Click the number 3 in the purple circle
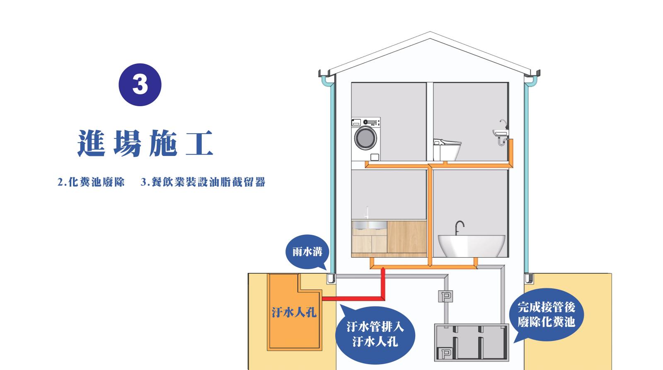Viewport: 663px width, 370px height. pyautogui.click(x=140, y=85)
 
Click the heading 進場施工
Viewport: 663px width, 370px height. pyautogui.click(x=145, y=144)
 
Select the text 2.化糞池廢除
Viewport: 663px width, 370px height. pyautogui.click(x=91, y=182)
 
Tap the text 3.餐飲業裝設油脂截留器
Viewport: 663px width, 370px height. pyautogui.click(x=203, y=182)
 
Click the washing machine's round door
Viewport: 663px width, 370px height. pyautogui.click(x=365, y=138)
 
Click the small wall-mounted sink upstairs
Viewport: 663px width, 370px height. pyautogui.click(x=501, y=132)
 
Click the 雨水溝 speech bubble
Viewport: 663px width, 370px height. pyautogui.click(x=307, y=252)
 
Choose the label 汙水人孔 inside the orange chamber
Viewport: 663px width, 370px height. pyautogui.click(x=294, y=312)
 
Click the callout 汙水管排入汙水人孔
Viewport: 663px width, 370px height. pyautogui.click(x=375, y=335)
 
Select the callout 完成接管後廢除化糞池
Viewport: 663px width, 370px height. pyautogui.click(x=547, y=314)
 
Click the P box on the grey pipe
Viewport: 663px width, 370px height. pyautogui.click(x=445, y=296)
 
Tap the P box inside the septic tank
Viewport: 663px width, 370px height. pyautogui.click(x=445, y=353)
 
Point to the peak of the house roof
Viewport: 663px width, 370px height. pyautogui.click(x=430, y=32)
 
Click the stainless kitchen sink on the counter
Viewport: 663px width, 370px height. pyautogui.click(x=369, y=225)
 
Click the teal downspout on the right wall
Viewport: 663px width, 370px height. pyautogui.click(x=527, y=178)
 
